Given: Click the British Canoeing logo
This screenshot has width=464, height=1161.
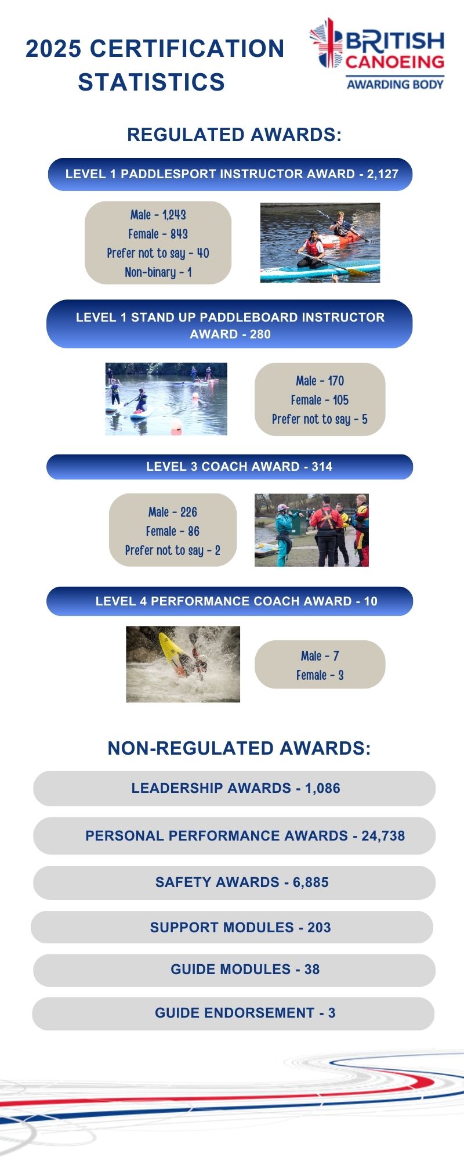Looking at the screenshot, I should tap(377, 53).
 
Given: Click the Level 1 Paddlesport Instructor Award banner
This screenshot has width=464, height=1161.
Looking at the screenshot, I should tap(230, 174).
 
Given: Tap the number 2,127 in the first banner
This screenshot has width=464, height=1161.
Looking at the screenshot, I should tap(382, 174).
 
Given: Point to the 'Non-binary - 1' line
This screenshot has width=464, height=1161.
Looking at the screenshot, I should tap(158, 272).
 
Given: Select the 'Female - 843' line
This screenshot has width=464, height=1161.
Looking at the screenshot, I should tap(158, 234).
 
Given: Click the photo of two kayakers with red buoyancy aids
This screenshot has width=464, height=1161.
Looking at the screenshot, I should tap(320, 243).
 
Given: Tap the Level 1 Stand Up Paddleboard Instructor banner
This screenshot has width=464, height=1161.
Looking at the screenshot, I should tap(230, 324).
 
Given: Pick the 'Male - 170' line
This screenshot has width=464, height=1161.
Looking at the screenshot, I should tap(320, 381).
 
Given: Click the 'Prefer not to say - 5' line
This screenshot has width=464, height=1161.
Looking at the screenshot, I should tap(320, 419).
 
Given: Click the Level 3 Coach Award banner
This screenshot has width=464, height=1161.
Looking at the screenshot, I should tap(230, 467).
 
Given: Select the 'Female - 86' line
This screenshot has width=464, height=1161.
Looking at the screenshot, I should tap(172, 531).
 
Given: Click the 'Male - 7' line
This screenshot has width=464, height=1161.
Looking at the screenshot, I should tap(320, 656).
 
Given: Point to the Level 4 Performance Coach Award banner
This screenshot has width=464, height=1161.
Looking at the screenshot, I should tap(230, 601).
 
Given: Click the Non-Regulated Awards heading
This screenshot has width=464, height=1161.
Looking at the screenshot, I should tap(239, 748).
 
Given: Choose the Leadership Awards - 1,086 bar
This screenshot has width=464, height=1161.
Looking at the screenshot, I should tap(234, 788).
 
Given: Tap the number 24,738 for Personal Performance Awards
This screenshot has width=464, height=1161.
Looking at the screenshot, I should tap(383, 836).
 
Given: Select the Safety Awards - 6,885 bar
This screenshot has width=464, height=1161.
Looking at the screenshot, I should tap(234, 882).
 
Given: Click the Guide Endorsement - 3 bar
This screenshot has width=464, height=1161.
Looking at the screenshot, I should tap(233, 1013).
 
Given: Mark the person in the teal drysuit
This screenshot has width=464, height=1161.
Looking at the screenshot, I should tap(284, 533).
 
